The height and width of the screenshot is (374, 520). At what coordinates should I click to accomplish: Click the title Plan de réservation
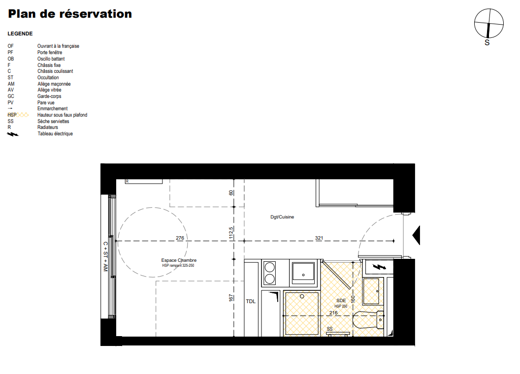click(x=70, y=14)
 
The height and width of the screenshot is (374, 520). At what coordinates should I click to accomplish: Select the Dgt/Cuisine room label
click(x=282, y=217)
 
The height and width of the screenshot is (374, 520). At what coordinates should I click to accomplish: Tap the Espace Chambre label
click(x=179, y=260)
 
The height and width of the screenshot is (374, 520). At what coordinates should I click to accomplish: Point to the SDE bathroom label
click(x=341, y=300)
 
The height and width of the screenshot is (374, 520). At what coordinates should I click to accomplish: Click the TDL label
click(x=251, y=301)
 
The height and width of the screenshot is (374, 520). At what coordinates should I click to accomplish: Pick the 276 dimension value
click(x=180, y=238)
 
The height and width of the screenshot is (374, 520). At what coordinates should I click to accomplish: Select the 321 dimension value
click(x=319, y=238)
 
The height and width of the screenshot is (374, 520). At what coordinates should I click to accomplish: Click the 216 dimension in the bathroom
click(x=333, y=312)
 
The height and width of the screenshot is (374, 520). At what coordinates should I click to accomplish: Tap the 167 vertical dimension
click(x=231, y=298)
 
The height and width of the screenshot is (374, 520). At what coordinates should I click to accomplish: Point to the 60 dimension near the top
click(x=231, y=192)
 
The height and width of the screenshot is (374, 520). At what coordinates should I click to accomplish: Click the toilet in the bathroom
click(x=368, y=320)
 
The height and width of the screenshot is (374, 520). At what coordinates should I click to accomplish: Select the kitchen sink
click(x=303, y=273)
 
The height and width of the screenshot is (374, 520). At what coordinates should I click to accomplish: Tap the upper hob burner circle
click(x=270, y=267)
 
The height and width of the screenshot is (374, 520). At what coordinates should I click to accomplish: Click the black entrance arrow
click(x=416, y=235)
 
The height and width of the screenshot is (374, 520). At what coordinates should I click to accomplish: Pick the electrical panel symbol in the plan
click(x=379, y=267)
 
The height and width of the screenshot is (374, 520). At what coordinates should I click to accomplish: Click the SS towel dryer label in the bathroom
click(x=329, y=329)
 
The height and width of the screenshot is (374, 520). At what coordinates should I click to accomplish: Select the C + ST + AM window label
click(x=105, y=256)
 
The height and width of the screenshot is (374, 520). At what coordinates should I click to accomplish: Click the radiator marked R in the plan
click(x=144, y=182)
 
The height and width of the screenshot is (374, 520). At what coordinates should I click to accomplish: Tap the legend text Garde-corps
click(x=49, y=96)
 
